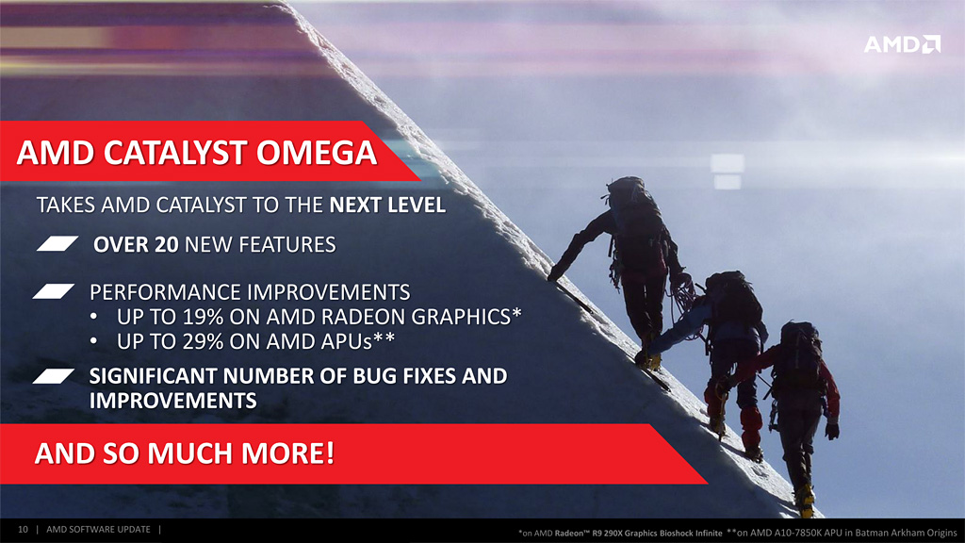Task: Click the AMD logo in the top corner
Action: click(902, 44)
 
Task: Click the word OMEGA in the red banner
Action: click(317, 153)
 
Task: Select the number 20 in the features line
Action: click(166, 244)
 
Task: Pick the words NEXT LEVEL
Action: click(387, 205)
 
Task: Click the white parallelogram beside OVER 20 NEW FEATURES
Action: click(57, 244)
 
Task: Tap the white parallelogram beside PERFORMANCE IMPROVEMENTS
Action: click(54, 291)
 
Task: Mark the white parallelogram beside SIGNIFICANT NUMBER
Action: click(54, 375)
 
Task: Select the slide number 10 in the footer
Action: click(23, 530)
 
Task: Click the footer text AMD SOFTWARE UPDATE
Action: click(98, 530)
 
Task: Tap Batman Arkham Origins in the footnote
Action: click(904, 534)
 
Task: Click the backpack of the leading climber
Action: click(634, 212)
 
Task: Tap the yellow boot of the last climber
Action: click(806, 502)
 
